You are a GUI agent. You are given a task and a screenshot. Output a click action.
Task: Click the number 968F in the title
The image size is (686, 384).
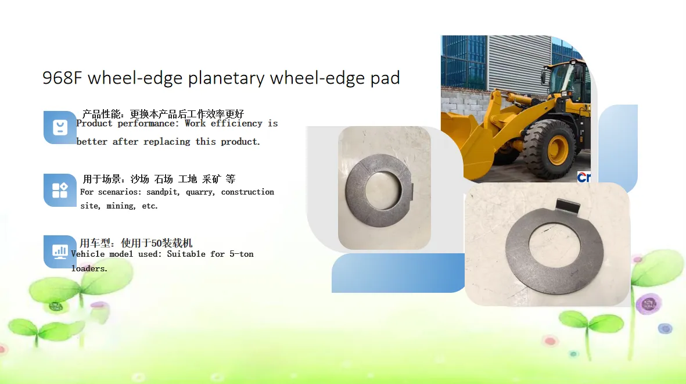click(62, 78)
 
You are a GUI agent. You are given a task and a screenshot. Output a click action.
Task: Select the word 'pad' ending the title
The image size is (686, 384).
click(385, 78)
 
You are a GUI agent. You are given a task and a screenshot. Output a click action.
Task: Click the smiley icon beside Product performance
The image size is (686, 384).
click(60, 127)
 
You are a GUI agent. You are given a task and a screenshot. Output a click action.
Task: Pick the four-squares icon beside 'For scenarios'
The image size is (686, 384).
click(60, 190)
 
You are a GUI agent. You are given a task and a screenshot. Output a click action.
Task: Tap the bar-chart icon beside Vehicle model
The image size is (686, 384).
click(60, 252)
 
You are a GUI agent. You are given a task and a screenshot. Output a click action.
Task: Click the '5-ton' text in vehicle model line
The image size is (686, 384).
click(241, 254)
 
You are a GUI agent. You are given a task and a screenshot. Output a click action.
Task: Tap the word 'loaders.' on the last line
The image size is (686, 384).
click(89, 268)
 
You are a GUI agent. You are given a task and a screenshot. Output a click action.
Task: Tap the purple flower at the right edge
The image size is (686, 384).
click(649, 303)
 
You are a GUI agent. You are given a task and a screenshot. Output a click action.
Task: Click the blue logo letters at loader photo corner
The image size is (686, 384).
click(584, 177)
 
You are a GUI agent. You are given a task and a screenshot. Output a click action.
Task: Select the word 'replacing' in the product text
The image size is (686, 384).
click(167, 142)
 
